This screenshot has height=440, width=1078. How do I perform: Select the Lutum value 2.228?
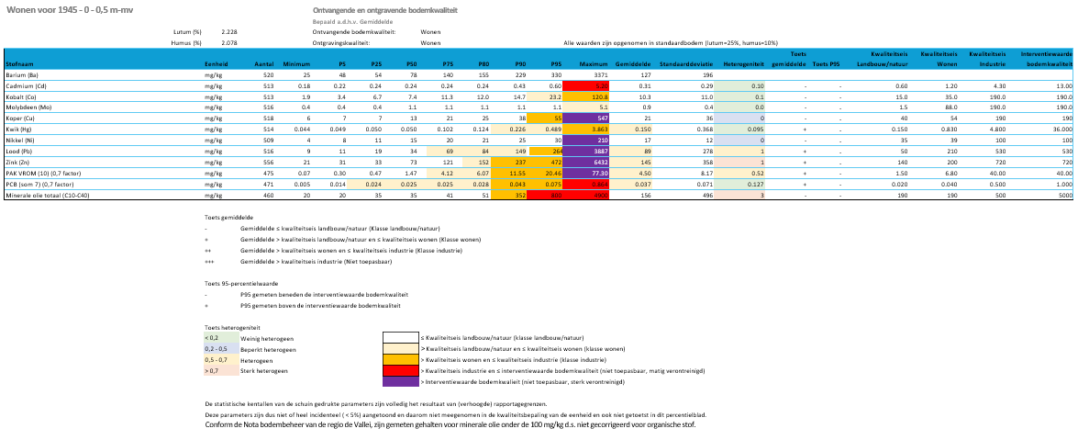229,31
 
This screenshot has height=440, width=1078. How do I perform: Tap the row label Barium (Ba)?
21,74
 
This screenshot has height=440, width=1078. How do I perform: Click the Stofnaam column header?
21,63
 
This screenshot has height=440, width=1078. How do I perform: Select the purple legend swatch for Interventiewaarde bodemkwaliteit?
400,380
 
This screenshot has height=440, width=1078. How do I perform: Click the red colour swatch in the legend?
400,369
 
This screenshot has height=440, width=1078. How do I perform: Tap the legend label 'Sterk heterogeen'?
261,370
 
